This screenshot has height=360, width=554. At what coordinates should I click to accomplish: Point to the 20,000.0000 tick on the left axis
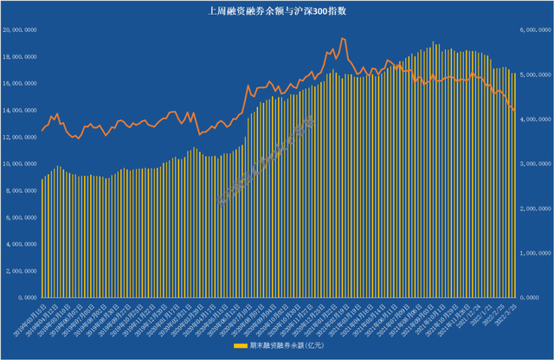click(x=19, y=29)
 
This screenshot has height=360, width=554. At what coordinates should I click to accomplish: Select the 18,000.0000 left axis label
click(x=19, y=56)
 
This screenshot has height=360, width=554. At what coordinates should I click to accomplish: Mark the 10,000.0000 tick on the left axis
click(x=19, y=164)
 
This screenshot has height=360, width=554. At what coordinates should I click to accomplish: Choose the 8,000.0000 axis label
click(x=20, y=190)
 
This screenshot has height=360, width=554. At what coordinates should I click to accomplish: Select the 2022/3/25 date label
click(x=508, y=312)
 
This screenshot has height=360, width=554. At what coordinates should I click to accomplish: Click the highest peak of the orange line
click(x=343, y=38)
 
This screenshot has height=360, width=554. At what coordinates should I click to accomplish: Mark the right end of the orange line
click(x=516, y=111)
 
